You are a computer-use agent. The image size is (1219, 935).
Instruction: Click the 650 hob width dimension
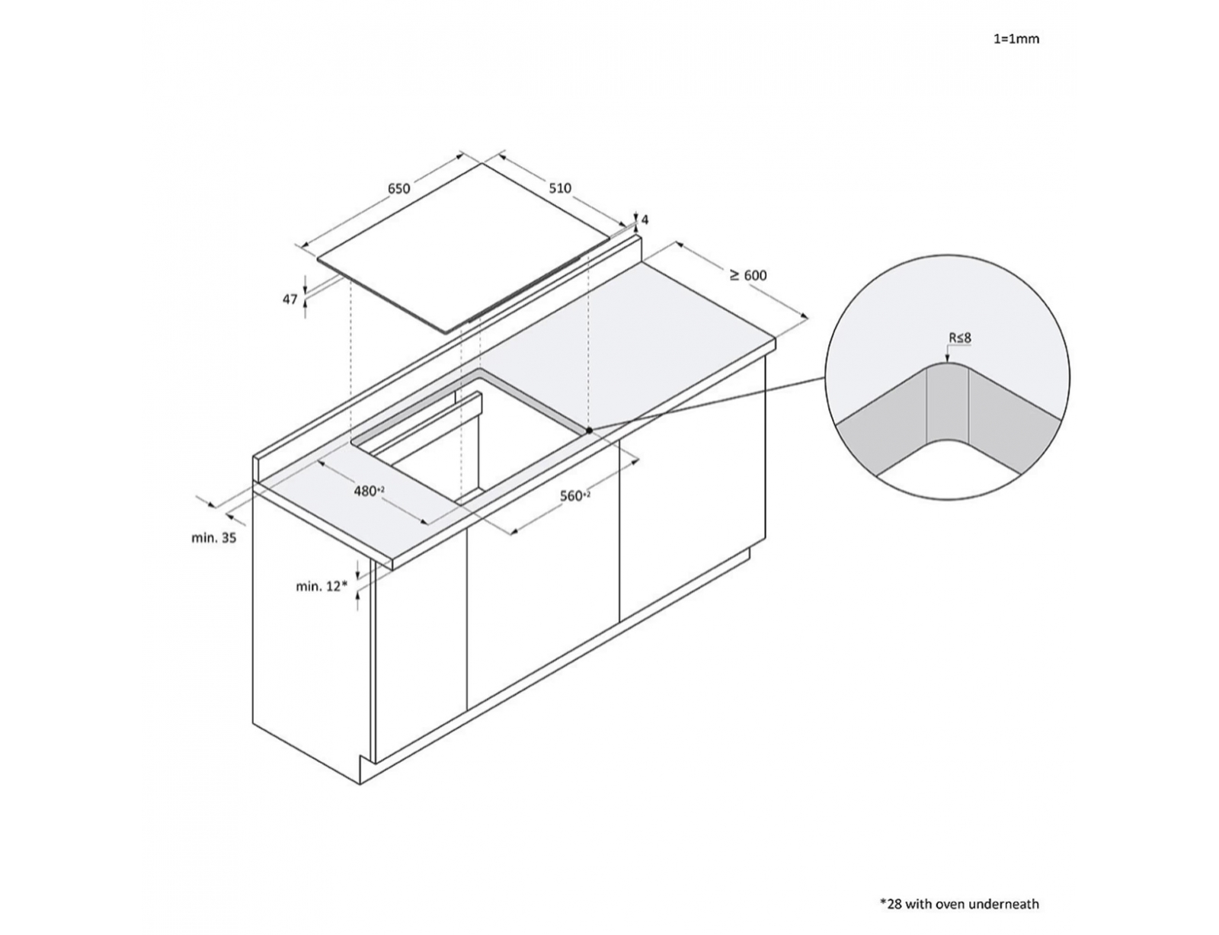point(399,188)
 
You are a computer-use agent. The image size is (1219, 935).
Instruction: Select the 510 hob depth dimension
point(560,188)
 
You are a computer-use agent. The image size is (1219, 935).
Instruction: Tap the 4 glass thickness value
point(645,220)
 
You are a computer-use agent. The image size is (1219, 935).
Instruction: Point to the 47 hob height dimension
point(290,299)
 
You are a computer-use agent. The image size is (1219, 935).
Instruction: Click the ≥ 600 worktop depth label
point(748,275)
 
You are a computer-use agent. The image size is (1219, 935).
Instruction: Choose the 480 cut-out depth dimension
point(369,492)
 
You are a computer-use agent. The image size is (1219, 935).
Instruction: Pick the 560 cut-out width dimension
point(575,496)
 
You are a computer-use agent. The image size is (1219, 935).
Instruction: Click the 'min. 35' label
point(214,538)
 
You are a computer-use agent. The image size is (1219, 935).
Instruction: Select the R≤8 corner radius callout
point(960,338)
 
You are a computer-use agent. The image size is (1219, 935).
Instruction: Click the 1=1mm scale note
point(1016,39)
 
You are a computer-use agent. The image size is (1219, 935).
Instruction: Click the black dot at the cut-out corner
point(589,431)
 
